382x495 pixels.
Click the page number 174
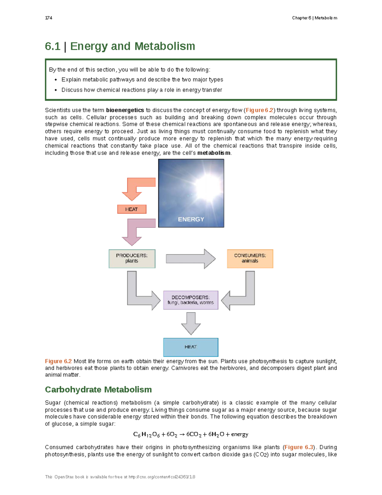48,18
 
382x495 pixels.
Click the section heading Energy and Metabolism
132,46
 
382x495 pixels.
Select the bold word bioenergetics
125,110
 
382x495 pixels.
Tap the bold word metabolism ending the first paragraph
214,153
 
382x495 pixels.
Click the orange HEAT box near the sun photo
131,209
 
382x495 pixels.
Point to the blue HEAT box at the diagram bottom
191,347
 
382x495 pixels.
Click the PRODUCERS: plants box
132,258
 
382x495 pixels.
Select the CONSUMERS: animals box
250,258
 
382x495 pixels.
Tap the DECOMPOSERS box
191,300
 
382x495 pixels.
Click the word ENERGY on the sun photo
191,219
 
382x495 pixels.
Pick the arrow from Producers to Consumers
191,259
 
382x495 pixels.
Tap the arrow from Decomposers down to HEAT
191,323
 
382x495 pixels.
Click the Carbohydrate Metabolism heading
98,389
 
